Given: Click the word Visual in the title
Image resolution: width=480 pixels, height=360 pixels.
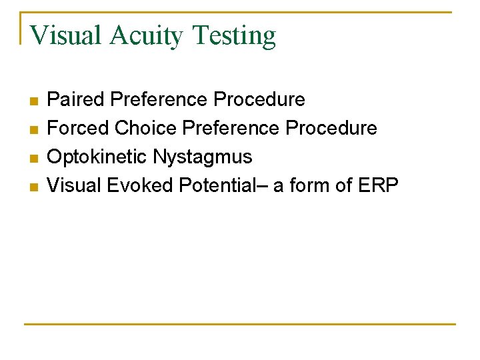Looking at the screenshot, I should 65,35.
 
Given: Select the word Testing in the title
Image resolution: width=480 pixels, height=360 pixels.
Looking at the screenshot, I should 233,35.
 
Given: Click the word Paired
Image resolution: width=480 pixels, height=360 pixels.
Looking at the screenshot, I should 76,100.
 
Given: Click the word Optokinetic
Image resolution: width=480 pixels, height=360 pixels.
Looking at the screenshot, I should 97,157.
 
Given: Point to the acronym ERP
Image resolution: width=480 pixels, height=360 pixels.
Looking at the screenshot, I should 379,185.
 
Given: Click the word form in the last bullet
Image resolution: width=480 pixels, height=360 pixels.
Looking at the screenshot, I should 309,185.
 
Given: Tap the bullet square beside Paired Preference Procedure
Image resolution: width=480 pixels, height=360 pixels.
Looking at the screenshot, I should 33,101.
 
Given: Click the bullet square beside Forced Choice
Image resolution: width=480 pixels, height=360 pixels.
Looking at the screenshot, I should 33,129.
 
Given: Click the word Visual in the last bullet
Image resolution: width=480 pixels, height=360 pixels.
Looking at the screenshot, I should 74,185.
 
